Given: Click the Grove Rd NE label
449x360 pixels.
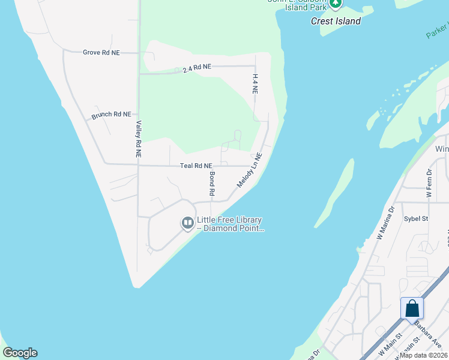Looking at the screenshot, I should click(101, 53).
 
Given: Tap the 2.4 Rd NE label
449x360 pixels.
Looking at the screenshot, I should click(197, 68).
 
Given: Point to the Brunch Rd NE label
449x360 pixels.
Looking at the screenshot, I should click(111, 114).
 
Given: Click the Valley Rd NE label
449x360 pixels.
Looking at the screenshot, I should click(138, 139).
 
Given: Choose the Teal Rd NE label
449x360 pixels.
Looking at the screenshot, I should click(196, 166).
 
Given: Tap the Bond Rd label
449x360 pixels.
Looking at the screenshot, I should click(211, 184).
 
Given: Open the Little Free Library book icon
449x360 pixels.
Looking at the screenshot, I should click(188, 224).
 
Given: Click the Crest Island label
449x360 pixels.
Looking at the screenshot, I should click(336, 22).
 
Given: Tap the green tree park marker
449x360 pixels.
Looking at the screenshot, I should click(335, 4).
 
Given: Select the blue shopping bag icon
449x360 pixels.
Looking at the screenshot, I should click(412, 308).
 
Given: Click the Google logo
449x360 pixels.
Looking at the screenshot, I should click(20, 353).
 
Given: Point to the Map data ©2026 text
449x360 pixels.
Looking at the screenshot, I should click(423, 355).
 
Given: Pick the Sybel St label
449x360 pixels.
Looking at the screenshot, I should click(415, 219).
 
